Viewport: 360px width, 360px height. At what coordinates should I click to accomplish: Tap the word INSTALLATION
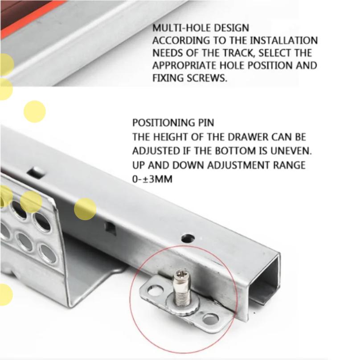(283, 41)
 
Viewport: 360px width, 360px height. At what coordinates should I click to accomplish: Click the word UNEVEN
(291, 151)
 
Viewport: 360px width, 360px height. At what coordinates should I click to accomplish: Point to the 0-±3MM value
(152, 179)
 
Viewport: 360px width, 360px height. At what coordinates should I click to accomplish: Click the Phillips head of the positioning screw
(180, 274)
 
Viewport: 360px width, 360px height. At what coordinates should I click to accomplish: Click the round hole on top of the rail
(188, 239)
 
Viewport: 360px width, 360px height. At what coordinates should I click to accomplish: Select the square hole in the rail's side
(110, 228)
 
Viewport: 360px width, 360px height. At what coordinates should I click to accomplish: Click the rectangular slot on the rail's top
(37, 172)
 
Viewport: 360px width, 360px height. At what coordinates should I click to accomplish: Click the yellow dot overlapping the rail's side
(85, 209)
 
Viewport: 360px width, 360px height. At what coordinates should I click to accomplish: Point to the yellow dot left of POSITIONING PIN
(35, 111)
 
